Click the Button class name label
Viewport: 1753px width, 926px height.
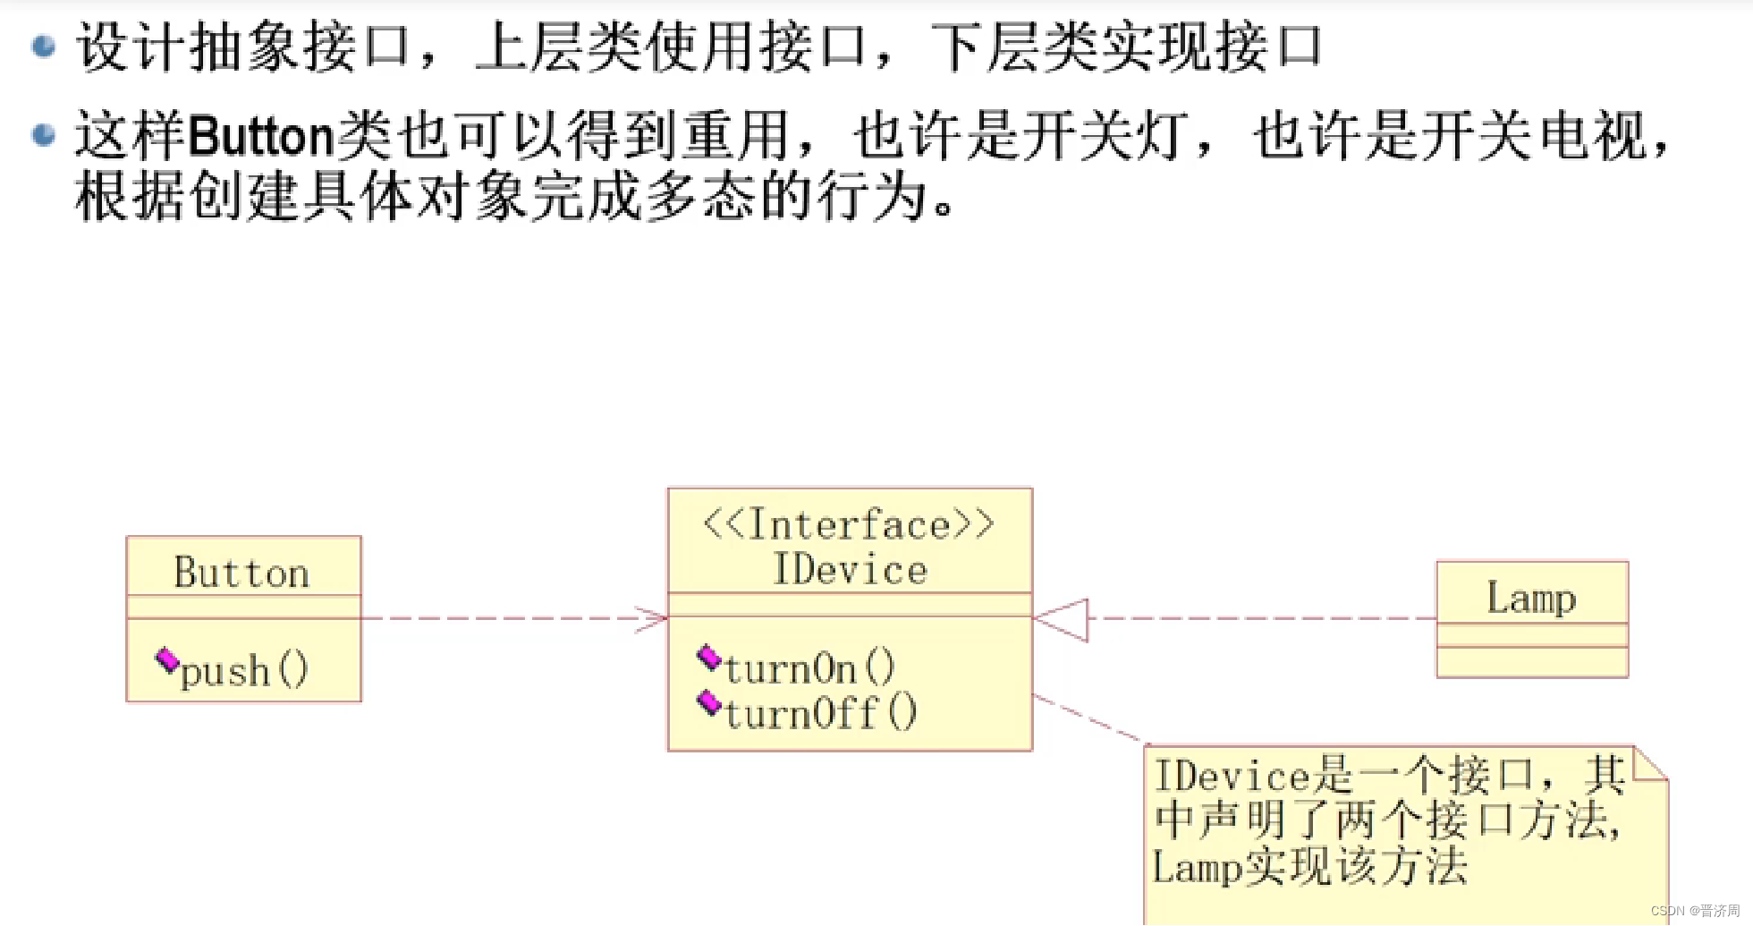(x=241, y=573)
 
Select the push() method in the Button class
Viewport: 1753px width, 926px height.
(x=243, y=670)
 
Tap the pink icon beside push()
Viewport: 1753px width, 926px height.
(x=167, y=661)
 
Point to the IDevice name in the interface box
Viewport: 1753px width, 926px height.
(x=850, y=570)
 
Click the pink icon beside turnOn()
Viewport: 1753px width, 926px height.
(x=709, y=658)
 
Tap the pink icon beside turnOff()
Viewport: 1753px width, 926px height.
(x=709, y=703)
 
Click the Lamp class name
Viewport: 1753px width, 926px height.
(x=1531, y=598)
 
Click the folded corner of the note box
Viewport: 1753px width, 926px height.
(x=1649, y=763)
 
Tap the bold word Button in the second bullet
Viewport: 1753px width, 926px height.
(x=261, y=136)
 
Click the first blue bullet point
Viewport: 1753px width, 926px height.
(x=44, y=47)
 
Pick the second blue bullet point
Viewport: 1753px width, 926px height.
(x=44, y=135)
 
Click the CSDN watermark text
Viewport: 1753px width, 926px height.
(x=1695, y=911)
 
